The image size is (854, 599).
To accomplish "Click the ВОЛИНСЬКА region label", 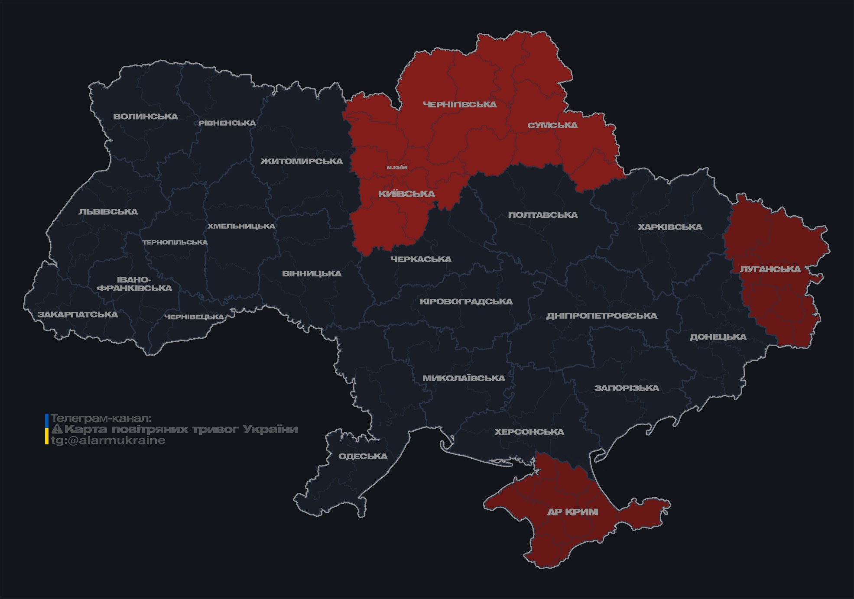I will coord(146,117).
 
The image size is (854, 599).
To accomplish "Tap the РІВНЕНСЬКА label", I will coord(227,123).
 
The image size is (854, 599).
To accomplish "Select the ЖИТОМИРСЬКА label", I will coord(302,162).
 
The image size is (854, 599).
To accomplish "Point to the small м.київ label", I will coord(396,168).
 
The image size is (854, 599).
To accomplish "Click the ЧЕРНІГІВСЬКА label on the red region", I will coord(460,104).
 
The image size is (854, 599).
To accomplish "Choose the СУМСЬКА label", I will coord(552,126).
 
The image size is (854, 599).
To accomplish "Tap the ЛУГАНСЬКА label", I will coord(770,269).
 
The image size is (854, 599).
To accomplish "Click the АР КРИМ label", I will coord(572,512).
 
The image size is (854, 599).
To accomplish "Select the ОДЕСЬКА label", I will coord(363,457).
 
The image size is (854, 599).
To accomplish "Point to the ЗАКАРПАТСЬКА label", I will coord(78,314).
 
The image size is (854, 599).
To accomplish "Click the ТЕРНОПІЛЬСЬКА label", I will coord(175,243).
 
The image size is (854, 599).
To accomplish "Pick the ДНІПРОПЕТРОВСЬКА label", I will coord(601,316).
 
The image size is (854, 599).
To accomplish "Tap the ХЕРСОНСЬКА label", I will coord(529,432).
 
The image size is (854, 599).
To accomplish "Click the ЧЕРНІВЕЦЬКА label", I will coord(194,317).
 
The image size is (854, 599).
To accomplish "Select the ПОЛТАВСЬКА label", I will coord(542,215).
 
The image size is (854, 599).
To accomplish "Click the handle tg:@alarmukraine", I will coord(108,440).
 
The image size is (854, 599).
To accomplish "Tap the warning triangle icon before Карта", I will coord(57,429).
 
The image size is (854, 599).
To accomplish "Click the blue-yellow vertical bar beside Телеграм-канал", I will coord(47,429).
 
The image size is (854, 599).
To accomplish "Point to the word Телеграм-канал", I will coord(101,418).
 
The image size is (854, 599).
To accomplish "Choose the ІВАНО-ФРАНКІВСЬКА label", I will coord(134,284).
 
